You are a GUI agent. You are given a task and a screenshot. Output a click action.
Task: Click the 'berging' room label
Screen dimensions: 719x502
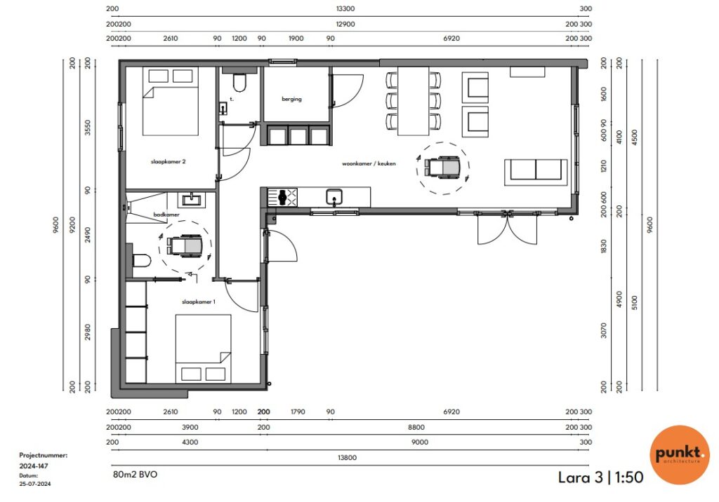click(x=291, y=99)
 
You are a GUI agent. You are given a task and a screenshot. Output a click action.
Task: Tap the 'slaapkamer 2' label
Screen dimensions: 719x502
click(x=169, y=161)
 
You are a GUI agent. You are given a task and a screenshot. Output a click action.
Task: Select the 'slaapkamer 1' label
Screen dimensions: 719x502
click(x=199, y=302)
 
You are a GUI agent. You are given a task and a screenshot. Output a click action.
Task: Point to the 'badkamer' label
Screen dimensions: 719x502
click(x=166, y=215)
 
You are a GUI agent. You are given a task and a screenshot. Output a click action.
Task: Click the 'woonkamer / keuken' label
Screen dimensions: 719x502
click(x=369, y=163)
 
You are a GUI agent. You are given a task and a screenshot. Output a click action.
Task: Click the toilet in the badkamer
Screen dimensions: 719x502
click(x=141, y=261)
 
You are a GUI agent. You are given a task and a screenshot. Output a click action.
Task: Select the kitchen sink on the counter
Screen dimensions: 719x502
click(x=334, y=197)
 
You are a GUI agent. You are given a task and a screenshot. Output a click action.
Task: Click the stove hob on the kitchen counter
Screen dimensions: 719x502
click(x=282, y=197)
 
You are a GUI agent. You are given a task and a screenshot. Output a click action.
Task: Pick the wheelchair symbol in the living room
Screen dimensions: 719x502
click(x=442, y=167)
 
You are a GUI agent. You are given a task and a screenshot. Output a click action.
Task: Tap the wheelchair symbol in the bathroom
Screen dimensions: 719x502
click(x=185, y=245)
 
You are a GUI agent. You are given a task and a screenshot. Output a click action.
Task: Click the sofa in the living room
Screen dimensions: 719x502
click(x=536, y=172)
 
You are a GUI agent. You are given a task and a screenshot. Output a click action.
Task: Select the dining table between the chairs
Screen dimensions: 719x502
click(x=413, y=101)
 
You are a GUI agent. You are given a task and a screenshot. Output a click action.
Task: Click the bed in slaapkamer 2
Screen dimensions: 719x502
click(x=170, y=101)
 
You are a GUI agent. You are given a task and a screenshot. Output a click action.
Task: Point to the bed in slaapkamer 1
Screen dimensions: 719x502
click(x=203, y=348)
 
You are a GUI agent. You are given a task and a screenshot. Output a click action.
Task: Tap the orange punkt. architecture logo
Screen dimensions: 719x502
click(x=680, y=455)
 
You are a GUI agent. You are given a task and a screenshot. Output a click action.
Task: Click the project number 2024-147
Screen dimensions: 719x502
click(x=34, y=466)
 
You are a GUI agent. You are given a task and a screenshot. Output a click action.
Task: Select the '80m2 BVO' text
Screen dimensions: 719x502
click(x=135, y=475)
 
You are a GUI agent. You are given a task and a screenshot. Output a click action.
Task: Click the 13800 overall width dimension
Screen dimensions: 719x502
click(x=347, y=458)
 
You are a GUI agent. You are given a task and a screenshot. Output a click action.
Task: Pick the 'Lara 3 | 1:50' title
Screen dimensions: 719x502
click(x=601, y=477)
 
